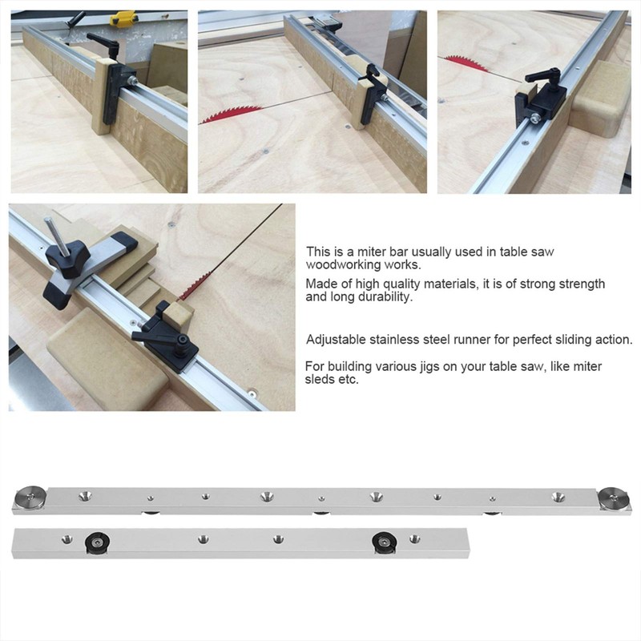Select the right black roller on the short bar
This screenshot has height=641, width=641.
pos(385,543)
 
